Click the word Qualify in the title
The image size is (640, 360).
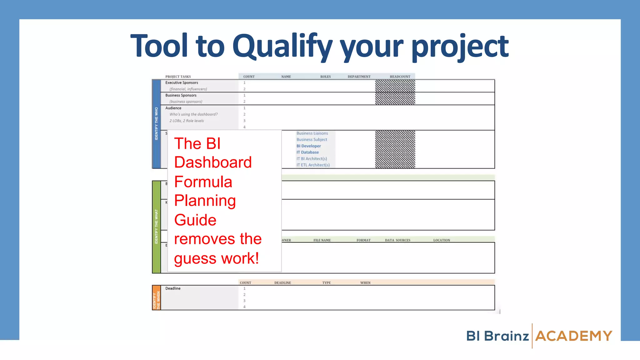282,46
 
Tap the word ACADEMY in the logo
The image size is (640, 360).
574,336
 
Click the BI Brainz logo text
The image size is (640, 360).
497,336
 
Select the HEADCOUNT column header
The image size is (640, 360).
400,77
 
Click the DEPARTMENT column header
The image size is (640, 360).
359,77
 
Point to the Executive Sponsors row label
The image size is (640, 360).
182,83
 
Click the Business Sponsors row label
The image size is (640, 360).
181,95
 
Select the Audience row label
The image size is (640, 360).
173,108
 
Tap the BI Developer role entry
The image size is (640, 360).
308,146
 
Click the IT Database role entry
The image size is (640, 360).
307,152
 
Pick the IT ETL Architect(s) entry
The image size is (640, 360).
313,165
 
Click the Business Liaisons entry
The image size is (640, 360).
312,133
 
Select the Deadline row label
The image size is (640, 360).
173,288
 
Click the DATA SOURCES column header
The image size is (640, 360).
397,240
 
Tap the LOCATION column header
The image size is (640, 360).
441,240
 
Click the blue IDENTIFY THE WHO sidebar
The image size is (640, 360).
156,124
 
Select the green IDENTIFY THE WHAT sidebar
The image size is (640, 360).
156,227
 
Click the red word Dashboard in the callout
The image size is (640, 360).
213,162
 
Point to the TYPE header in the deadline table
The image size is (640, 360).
326,283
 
